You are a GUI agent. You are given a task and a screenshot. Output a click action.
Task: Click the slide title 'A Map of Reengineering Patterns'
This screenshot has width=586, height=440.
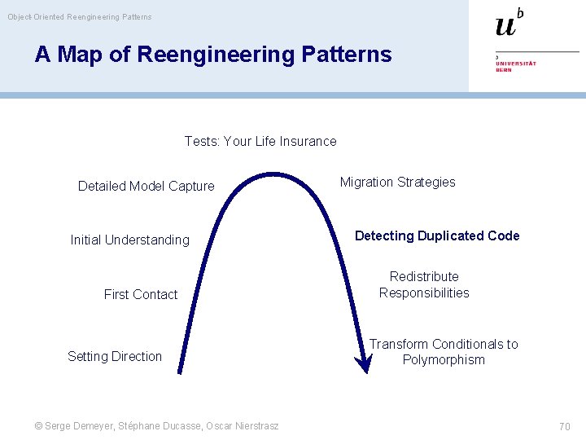(213, 55)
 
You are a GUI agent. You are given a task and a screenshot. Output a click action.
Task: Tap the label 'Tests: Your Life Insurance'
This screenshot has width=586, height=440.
(260, 141)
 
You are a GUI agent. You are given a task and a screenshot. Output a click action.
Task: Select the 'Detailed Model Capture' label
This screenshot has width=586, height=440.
(146, 186)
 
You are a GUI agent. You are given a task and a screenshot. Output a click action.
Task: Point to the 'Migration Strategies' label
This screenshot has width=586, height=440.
(397, 182)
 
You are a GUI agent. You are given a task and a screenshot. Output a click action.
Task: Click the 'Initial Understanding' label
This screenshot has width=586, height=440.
(129, 240)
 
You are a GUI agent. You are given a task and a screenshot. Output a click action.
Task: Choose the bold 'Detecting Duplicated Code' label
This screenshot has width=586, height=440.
(437, 235)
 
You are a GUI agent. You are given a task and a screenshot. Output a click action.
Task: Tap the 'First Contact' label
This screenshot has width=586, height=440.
(141, 294)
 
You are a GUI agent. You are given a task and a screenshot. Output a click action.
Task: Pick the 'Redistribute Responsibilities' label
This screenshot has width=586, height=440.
(424, 284)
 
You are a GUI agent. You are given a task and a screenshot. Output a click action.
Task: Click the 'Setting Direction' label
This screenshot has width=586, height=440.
(115, 356)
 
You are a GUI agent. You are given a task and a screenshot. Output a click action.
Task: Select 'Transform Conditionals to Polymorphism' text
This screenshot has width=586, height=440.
(444, 352)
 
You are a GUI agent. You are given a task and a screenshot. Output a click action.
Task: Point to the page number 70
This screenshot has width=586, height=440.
(564, 426)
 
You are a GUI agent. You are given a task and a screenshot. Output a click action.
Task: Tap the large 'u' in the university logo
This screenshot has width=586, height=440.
(505, 26)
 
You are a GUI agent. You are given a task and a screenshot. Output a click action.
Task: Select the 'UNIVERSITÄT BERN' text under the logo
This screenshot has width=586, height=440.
(515, 64)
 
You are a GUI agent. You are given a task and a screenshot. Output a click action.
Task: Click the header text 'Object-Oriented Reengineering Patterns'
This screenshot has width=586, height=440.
(80, 16)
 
